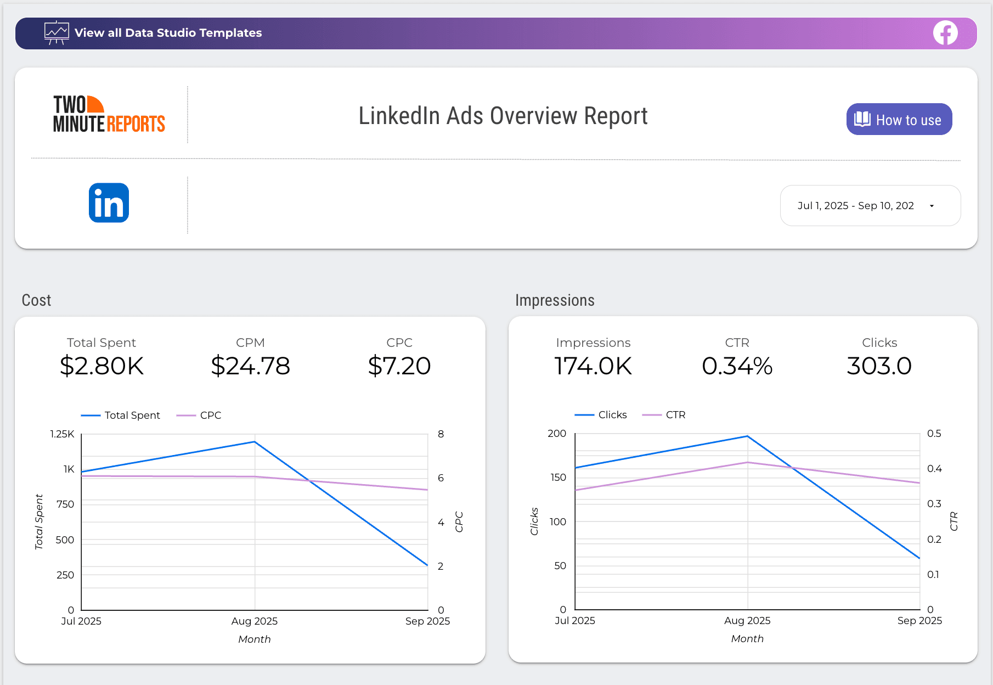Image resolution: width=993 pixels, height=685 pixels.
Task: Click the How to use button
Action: [x=899, y=120]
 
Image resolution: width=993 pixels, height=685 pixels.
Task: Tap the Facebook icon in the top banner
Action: [x=945, y=33]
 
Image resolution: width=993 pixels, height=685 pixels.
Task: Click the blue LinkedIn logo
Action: [x=109, y=203]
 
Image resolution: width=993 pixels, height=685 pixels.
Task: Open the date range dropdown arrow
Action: [x=932, y=206]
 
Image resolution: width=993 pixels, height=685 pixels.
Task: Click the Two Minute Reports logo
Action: [x=109, y=114]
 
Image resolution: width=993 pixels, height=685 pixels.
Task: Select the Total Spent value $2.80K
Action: [x=101, y=366]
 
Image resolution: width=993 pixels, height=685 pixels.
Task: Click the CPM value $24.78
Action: [x=250, y=366]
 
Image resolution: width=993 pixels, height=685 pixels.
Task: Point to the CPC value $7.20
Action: [x=399, y=366]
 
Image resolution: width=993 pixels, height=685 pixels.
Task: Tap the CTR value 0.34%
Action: [x=737, y=366]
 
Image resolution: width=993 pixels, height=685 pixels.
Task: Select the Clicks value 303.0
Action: [x=879, y=366]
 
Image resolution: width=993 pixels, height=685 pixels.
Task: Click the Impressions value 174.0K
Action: [x=593, y=366]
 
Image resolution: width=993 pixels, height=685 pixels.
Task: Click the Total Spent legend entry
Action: [x=121, y=416]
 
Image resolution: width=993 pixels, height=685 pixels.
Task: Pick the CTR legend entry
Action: [x=664, y=415]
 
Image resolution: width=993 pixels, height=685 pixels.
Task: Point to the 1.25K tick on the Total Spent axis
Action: [x=62, y=434]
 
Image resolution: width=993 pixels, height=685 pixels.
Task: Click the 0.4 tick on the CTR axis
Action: [x=934, y=469]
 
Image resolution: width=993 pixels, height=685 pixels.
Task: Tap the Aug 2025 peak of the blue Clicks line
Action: [x=747, y=436]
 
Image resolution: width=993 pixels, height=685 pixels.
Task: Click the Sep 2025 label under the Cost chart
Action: [x=427, y=621]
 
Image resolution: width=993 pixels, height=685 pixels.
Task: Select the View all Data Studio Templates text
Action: [x=168, y=33]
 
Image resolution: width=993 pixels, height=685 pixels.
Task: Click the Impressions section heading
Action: [x=555, y=300]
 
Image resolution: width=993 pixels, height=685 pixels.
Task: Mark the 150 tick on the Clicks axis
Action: [x=558, y=478]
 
